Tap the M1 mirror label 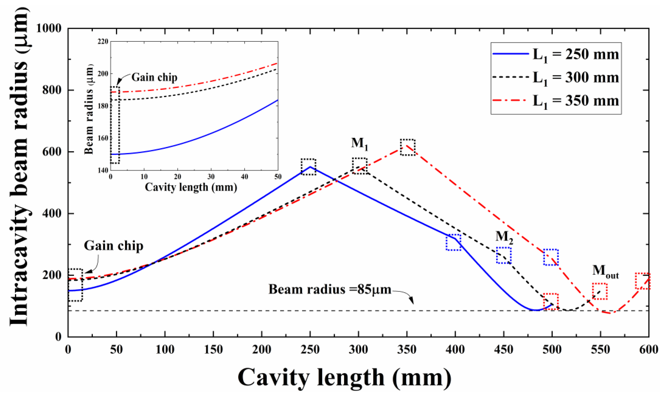tap(359, 143)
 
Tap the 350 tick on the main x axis tap(407, 350)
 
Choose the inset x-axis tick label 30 tap(211, 177)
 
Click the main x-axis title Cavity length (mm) tap(344, 378)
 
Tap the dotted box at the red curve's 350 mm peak tap(407, 147)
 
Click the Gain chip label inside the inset tap(154, 77)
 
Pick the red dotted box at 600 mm tap(643, 281)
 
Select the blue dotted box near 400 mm tap(453, 242)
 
